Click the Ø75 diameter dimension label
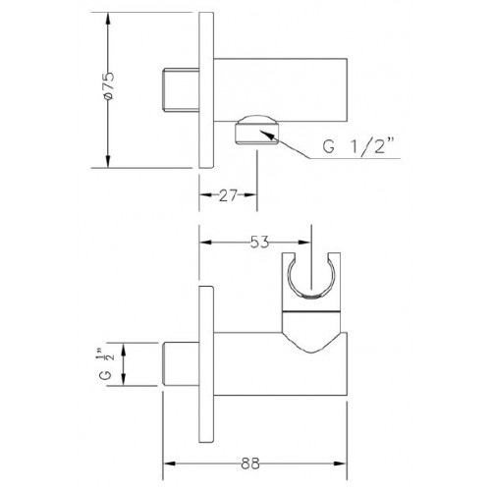click(109, 85)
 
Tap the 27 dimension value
click(228, 195)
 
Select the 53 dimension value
click(259, 243)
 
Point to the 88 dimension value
click(250, 464)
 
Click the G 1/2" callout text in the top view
click(357, 146)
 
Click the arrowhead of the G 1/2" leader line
click(268, 135)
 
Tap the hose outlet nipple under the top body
click(256, 130)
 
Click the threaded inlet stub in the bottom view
click(181, 364)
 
